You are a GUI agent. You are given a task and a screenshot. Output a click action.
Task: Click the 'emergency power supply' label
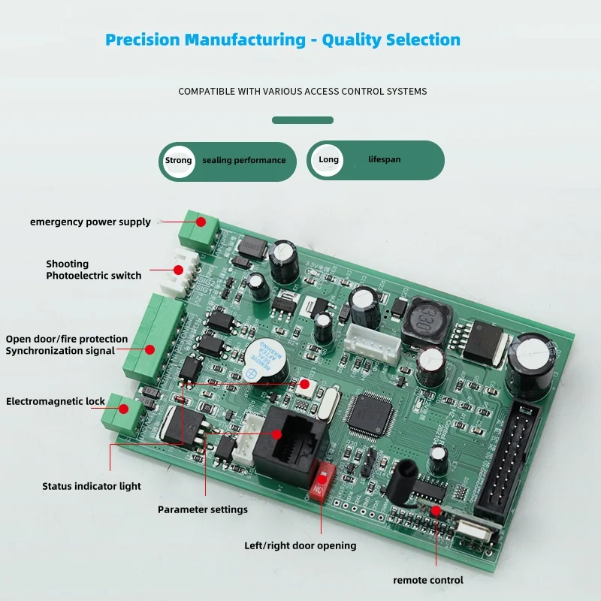click(90, 222)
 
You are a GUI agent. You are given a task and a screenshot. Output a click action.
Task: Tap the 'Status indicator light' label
click(92, 486)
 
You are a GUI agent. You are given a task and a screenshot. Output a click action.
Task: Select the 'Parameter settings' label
click(203, 509)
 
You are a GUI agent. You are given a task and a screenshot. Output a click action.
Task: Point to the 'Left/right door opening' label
click(300, 545)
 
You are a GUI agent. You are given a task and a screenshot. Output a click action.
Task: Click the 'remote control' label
click(428, 580)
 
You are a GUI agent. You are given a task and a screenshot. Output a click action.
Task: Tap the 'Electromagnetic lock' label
click(56, 401)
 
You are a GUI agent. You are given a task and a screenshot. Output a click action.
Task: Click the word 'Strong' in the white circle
click(179, 160)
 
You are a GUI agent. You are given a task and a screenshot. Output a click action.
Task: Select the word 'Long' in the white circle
click(328, 159)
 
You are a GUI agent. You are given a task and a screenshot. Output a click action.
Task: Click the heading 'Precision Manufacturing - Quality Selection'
click(282, 40)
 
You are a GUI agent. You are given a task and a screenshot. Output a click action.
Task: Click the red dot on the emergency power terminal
click(201, 222)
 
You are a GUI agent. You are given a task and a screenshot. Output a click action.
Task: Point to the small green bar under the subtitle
click(303, 119)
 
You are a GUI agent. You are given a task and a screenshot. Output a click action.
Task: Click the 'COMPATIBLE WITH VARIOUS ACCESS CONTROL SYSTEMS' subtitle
click(302, 91)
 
